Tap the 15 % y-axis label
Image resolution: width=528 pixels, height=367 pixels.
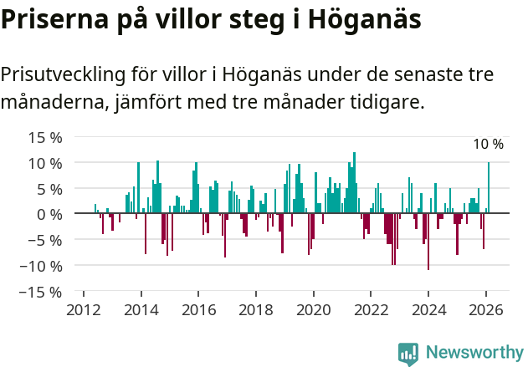click(x=44, y=137)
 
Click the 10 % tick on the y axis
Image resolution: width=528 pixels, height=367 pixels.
click(x=44, y=163)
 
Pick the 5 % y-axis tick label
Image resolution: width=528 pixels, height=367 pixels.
click(x=48, y=189)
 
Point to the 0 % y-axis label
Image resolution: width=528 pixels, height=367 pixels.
click(x=48, y=214)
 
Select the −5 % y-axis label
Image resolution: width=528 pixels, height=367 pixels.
click(x=44, y=240)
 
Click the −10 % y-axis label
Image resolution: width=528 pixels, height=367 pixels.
click(x=40, y=266)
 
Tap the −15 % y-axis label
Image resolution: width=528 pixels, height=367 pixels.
click(x=40, y=292)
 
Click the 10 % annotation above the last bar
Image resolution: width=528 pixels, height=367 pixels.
click(x=488, y=145)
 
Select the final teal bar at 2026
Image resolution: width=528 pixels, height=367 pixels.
click(x=489, y=188)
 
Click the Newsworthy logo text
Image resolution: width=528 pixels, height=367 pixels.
click(x=474, y=352)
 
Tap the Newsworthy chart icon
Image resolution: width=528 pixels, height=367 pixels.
click(x=408, y=353)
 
